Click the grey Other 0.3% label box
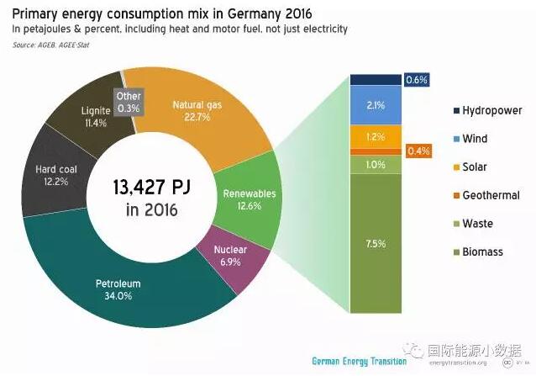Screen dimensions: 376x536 (x=129, y=103)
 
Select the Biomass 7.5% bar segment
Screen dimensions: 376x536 (x=376, y=243)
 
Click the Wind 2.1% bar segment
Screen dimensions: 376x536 (x=376, y=104)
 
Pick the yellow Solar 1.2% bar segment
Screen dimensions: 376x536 (x=376, y=135)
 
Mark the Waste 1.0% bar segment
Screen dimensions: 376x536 (x=376, y=164)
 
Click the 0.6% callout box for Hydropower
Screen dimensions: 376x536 (x=417, y=80)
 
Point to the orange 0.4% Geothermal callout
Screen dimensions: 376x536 (x=418, y=151)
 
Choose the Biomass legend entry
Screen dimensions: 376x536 (x=482, y=252)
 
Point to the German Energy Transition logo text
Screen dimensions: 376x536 (x=359, y=361)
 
